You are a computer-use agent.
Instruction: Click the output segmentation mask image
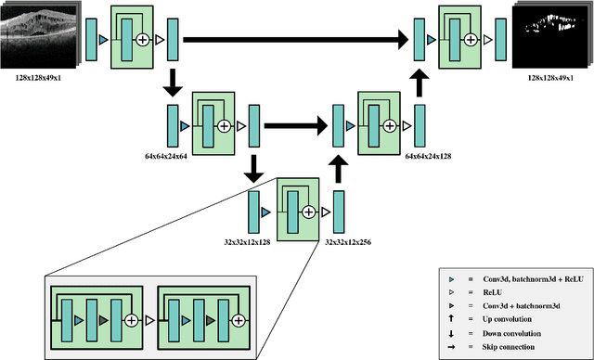tap(549, 38)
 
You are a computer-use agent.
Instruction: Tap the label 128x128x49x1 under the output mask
tap(549, 81)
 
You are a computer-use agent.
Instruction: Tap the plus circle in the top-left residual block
tap(143, 40)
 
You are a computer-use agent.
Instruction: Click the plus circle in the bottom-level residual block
tap(305, 212)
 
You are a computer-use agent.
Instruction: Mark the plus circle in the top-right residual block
tap(471, 39)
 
